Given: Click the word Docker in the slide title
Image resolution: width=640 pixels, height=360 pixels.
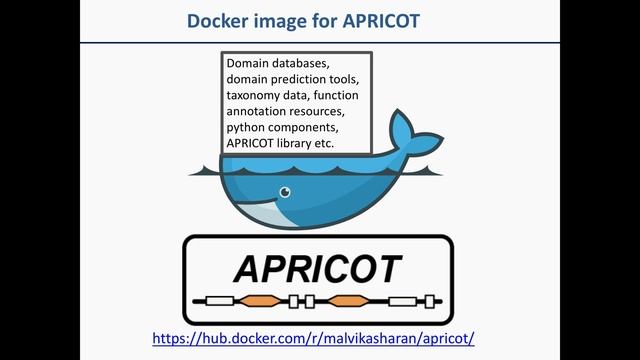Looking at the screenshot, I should tap(214, 20).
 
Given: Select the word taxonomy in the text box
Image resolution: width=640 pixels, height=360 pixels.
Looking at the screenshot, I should tap(254, 95).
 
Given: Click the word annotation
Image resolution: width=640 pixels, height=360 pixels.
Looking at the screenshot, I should tap(259, 111).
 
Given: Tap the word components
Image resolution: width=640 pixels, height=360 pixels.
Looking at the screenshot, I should tap(306, 127).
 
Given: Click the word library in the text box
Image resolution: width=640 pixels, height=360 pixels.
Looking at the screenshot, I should tap(301, 143).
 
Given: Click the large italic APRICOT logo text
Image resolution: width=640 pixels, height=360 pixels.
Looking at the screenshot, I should tap(318, 268).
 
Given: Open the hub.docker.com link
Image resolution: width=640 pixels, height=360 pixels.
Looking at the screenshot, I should tap(313, 338).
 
